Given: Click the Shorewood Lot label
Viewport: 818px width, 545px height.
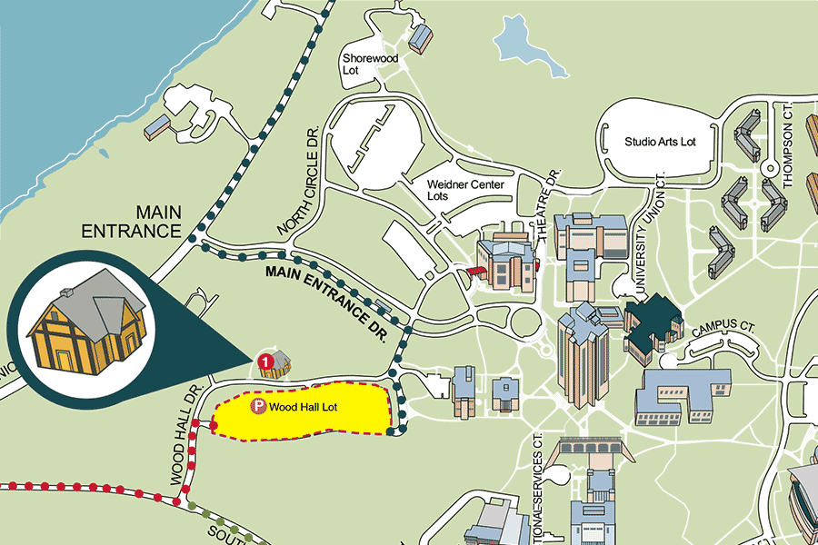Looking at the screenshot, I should pyautogui.click(x=362, y=64).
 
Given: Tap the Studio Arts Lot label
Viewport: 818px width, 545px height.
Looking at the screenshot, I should pyautogui.click(x=660, y=142).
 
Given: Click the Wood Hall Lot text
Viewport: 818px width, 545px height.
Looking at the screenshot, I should pyautogui.click(x=304, y=408).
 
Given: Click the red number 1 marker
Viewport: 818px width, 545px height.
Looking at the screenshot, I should pyautogui.click(x=265, y=361).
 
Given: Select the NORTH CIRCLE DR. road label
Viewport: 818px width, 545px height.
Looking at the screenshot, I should pyautogui.click(x=302, y=182).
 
